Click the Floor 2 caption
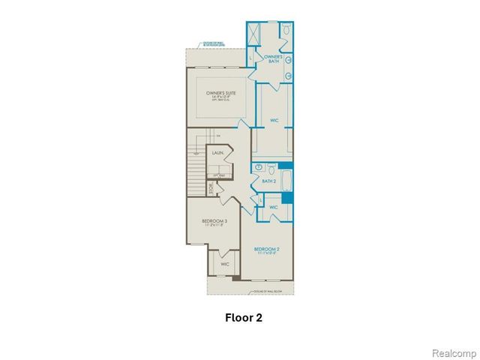coord(244,317)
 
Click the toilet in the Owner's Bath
coord(286,31)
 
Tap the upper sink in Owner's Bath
coord(289,59)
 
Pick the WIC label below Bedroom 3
coord(224,264)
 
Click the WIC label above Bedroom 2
coord(274,207)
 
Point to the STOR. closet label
coord(211,190)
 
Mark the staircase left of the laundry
coord(196,166)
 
